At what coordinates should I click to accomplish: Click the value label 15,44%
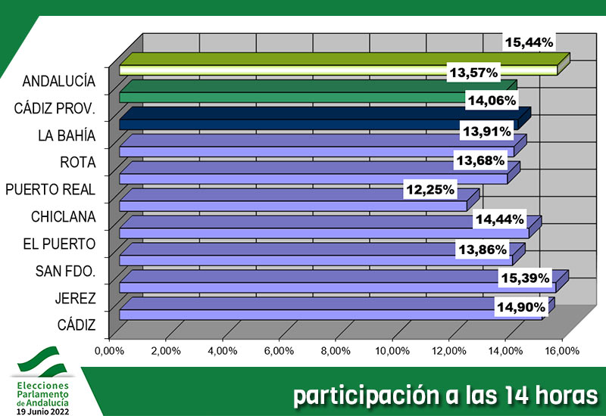click(x=530, y=42)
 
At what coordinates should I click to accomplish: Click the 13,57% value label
click(x=473, y=73)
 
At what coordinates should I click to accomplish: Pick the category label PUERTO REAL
click(x=50, y=189)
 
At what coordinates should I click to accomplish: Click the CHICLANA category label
click(x=63, y=216)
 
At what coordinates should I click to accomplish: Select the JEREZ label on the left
click(x=75, y=298)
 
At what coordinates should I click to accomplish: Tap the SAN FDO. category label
click(x=65, y=271)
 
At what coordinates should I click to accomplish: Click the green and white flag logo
click(x=42, y=362)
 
